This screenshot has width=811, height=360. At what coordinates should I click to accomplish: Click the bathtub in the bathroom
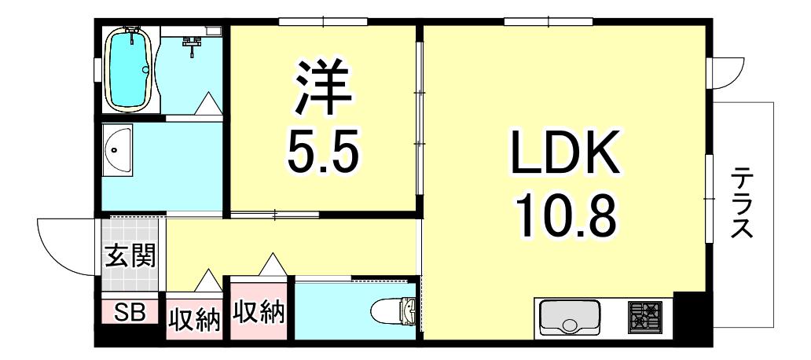click(x=130, y=69)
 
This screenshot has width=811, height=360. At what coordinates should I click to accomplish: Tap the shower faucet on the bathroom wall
click(x=192, y=45)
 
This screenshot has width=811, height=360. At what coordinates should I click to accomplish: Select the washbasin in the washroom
click(x=117, y=149)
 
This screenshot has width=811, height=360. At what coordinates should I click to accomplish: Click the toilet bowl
click(x=394, y=310)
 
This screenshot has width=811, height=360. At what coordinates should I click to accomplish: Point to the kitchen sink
click(x=570, y=317)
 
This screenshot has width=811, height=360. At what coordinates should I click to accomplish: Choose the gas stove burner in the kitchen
click(x=644, y=317)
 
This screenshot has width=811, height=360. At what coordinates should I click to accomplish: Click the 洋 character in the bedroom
click(x=324, y=89)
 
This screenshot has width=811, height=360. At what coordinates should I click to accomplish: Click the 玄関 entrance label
click(x=130, y=255)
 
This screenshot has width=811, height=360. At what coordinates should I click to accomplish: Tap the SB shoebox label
click(x=130, y=312)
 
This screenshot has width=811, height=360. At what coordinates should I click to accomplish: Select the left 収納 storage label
click(x=195, y=320)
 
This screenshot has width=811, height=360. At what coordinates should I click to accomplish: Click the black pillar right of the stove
click(x=686, y=315)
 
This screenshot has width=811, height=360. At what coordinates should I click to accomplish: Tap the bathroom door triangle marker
click(x=208, y=104)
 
